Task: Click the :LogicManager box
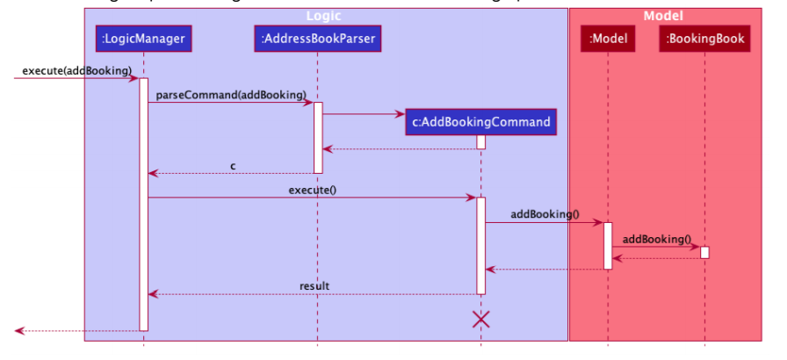(x=144, y=38)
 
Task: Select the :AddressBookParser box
(x=318, y=38)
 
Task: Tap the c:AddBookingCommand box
(x=481, y=122)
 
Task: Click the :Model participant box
(x=607, y=38)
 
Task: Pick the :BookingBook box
(x=705, y=38)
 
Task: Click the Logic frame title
(x=325, y=16)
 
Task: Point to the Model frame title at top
(x=663, y=16)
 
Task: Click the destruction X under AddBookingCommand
(x=481, y=320)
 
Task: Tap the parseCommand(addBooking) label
(x=231, y=94)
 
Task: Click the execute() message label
(x=312, y=190)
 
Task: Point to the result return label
(x=314, y=285)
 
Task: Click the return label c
(x=233, y=165)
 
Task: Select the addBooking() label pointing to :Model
(x=545, y=213)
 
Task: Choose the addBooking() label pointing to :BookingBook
(x=657, y=238)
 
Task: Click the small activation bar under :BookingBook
(x=704, y=252)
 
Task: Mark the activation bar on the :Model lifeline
(x=607, y=245)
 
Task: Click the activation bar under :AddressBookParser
(x=318, y=137)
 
